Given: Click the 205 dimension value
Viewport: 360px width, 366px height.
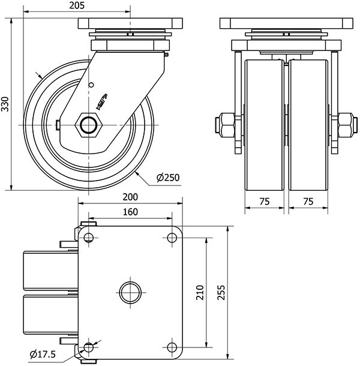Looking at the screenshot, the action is click(x=77, y=5).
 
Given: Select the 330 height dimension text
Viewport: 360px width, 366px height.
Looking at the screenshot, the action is click(x=5, y=104).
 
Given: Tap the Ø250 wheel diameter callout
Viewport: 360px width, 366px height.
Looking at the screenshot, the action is click(x=168, y=178).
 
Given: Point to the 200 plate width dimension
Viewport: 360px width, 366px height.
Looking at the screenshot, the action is click(x=130, y=197).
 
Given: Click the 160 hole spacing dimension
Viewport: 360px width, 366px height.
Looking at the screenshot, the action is click(x=130, y=212).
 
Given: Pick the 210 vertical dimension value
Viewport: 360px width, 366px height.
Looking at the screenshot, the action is click(x=200, y=292).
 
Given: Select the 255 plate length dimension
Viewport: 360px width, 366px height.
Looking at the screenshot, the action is click(x=221, y=292).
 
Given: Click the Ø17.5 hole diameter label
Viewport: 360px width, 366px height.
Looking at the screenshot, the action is click(x=43, y=355).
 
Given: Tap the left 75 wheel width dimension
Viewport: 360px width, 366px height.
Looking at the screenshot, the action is click(x=265, y=202).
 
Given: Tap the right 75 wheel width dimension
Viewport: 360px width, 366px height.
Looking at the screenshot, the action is click(x=308, y=202).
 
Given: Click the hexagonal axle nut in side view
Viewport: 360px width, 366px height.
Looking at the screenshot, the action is click(x=88, y=125).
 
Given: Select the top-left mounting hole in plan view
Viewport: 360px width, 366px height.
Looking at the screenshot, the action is click(x=88, y=238).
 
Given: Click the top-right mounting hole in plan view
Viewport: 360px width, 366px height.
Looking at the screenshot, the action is click(x=172, y=238).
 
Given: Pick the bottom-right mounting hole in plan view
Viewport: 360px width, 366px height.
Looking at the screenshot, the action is click(x=172, y=347).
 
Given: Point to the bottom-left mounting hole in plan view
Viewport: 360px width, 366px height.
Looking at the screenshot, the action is click(x=88, y=347).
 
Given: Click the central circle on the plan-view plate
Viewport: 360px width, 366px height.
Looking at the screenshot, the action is click(x=130, y=292).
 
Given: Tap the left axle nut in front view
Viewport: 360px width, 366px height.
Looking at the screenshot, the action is click(x=226, y=126).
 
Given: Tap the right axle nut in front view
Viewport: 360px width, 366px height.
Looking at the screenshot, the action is click(x=347, y=126).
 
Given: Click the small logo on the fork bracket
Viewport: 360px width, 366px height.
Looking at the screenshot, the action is click(x=101, y=102).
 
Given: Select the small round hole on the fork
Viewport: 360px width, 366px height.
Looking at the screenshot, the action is click(x=91, y=85).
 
